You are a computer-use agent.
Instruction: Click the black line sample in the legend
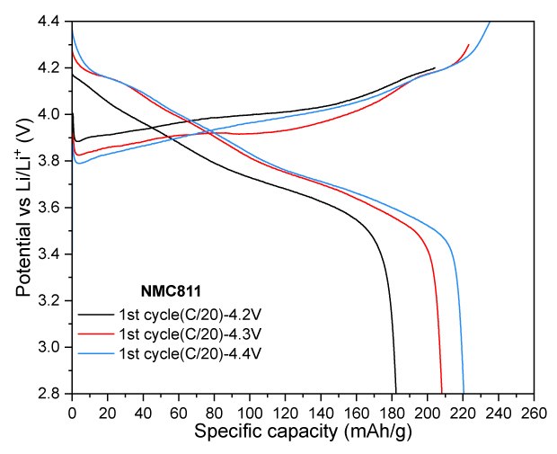click(95, 315)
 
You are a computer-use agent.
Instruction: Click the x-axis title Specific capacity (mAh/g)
click(303, 432)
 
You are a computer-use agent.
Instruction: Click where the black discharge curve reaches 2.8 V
click(396, 393)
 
